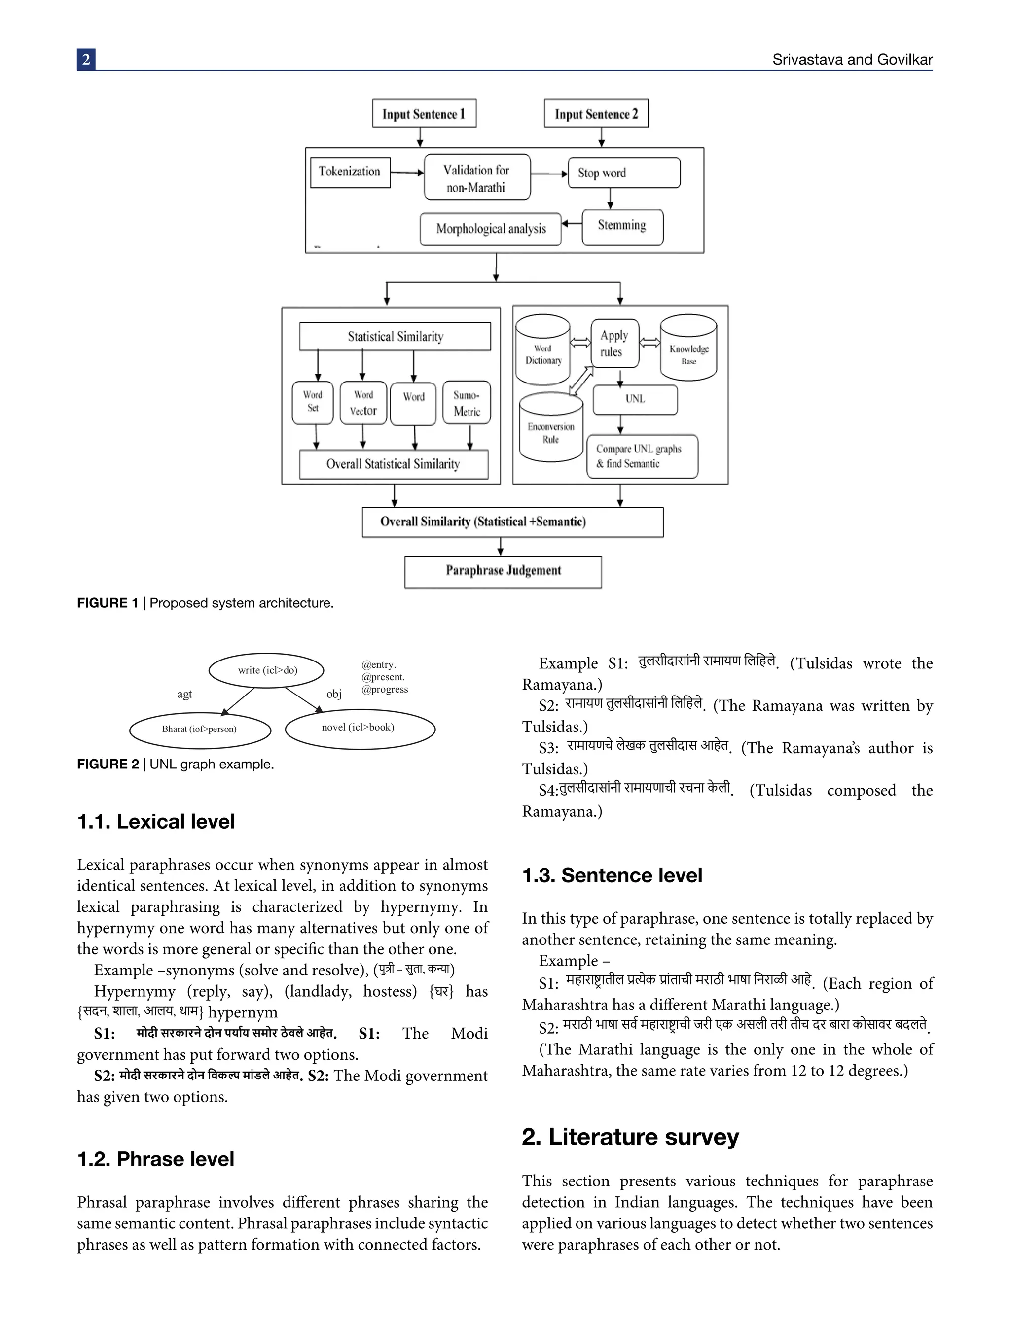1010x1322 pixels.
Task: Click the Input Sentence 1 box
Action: (x=424, y=113)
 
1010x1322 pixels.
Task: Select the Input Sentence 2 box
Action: (x=596, y=113)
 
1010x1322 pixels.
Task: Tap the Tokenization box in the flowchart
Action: (x=350, y=172)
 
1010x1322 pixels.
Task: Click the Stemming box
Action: (x=622, y=227)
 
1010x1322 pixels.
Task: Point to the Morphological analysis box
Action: (x=490, y=229)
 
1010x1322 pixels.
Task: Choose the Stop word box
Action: (x=623, y=173)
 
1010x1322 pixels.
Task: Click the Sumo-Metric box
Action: (x=467, y=403)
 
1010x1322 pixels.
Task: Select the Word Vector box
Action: (x=363, y=403)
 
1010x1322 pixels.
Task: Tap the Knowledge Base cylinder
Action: (x=688, y=348)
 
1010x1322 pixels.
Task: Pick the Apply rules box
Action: (x=614, y=343)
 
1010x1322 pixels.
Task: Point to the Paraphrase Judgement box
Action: (x=503, y=571)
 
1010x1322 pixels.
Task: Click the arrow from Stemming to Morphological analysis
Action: (x=571, y=224)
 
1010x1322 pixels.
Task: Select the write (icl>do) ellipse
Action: (x=266, y=670)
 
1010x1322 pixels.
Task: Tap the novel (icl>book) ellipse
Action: (x=360, y=729)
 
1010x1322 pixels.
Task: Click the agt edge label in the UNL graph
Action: (x=184, y=694)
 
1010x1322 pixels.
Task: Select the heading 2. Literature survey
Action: (x=630, y=1137)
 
